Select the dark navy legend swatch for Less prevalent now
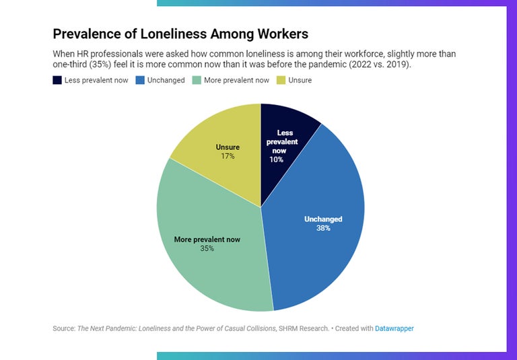tap(57, 80)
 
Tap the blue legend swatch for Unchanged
tap(139, 80)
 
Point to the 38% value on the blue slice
tap(323, 228)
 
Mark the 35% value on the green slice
tap(207, 248)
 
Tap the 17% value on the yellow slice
tap(228, 156)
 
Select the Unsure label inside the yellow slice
tap(228, 147)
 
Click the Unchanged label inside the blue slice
tap(323, 219)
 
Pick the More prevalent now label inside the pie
tap(207, 239)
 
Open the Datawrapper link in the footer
tap(394, 328)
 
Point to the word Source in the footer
tap(63, 328)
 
